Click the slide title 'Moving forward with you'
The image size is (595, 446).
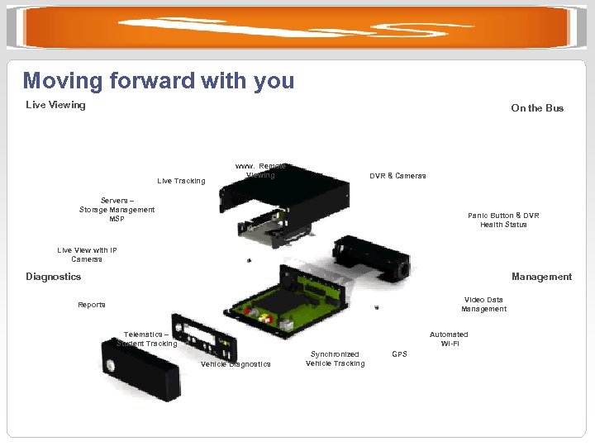(x=159, y=81)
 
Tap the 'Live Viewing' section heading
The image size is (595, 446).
(x=55, y=105)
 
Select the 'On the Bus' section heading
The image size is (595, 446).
(x=537, y=108)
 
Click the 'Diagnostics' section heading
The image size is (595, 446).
(x=54, y=277)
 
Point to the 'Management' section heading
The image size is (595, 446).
(x=541, y=277)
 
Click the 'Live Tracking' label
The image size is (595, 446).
(x=181, y=181)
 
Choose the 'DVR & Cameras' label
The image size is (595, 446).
(x=397, y=176)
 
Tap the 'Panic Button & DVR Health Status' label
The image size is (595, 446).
(x=503, y=220)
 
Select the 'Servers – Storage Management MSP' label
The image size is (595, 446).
(x=117, y=210)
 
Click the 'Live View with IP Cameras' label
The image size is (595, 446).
(x=87, y=254)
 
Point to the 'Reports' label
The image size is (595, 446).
(x=92, y=305)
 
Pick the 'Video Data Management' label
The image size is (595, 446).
(x=483, y=304)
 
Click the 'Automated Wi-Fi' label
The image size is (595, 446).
(x=449, y=339)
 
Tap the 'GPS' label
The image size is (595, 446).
(x=399, y=354)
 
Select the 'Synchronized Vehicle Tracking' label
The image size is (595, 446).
(x=335, y=358)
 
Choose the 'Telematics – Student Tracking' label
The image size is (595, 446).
(x=146, y=339)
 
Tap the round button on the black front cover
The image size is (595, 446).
(x=110, y=366)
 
